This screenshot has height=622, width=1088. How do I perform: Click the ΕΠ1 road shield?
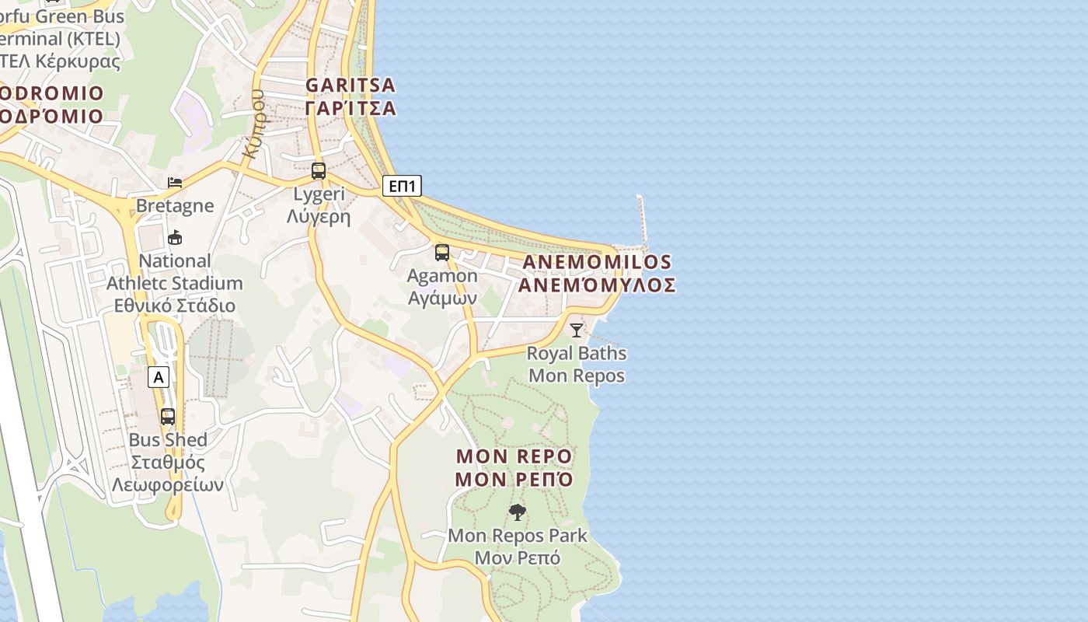tap(403, 186)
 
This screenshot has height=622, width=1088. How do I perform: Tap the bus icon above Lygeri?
tap(319, 171)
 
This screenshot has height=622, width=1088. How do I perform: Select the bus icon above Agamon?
tap(442, 253)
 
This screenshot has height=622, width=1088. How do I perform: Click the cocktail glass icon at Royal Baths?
tap(576, 330)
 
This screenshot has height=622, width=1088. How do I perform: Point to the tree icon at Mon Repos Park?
tap(517, 512)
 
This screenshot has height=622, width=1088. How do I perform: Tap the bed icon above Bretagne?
tap(175, 183)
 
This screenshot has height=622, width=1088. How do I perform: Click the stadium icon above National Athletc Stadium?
tap(175, 237)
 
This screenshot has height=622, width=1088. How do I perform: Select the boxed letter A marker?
tap(159, 378)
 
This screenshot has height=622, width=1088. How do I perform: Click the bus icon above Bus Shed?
tap(168, 416)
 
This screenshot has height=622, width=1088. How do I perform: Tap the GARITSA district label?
tap(350, 85)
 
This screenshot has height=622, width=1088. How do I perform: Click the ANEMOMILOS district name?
tap(597, 262)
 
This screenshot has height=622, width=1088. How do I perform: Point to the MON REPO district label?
tap(514, 456)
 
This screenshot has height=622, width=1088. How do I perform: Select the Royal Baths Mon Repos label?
tap(577, 365)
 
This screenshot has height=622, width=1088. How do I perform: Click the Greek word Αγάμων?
tap(442, 299)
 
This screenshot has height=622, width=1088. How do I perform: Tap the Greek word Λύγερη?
tap(319, 217)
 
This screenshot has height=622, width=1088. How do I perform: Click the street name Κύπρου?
tap(253, 124)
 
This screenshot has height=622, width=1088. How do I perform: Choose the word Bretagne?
tap(175, 206)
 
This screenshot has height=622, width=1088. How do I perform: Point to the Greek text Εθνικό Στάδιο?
tap(175, 306)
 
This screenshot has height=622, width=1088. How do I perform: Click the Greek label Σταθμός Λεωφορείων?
tap(168, 473)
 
